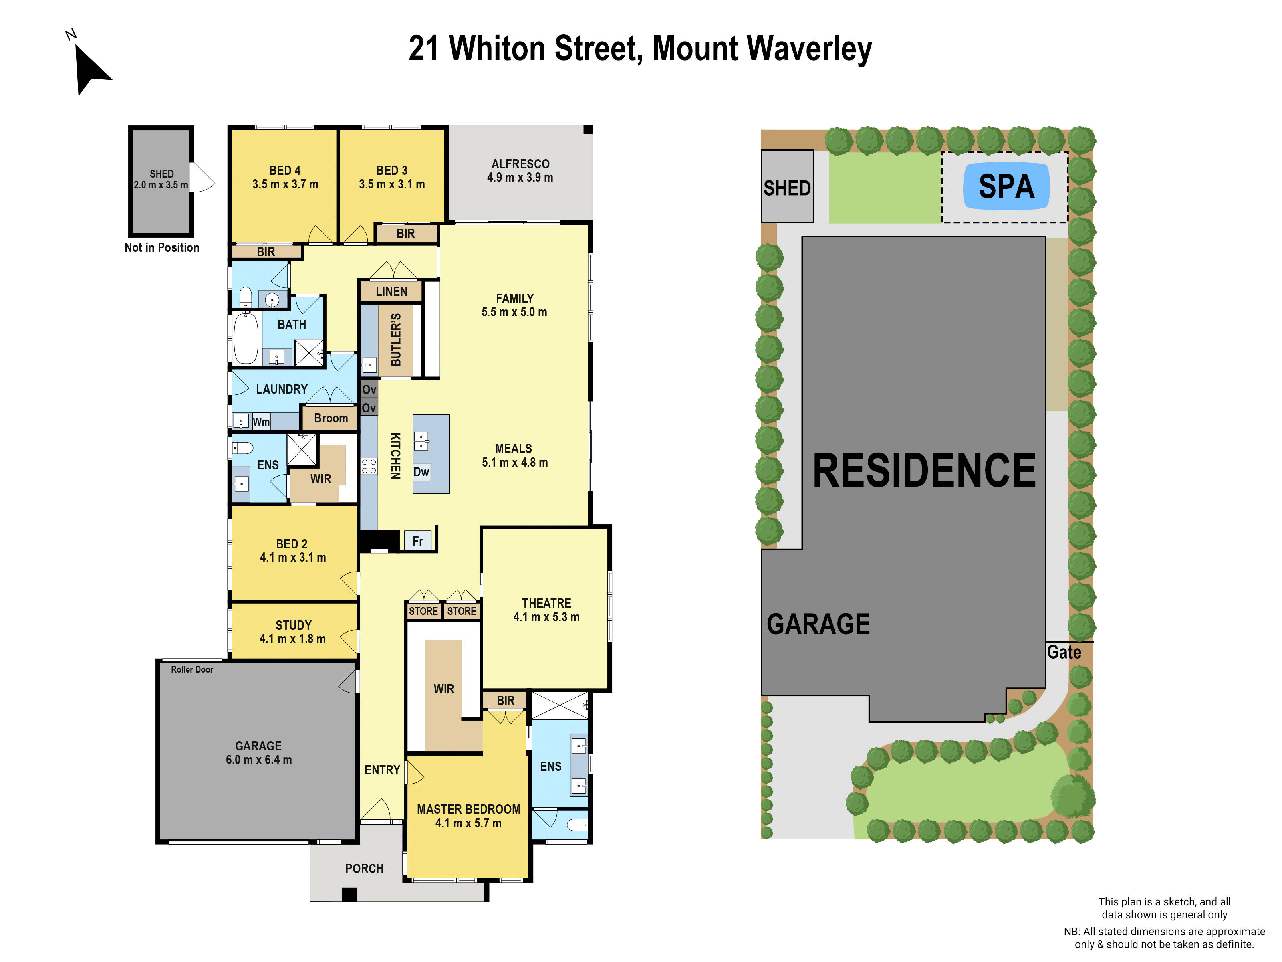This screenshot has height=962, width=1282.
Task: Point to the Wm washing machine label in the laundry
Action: (261, 422)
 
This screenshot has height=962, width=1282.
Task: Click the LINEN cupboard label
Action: (391, 291)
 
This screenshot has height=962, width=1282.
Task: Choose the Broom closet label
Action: (331, 418)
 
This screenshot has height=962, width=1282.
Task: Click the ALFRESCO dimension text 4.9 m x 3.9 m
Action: (520, 178)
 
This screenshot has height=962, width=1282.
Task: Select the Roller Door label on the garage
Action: (192, 669)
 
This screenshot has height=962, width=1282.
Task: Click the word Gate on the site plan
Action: (1064, 652)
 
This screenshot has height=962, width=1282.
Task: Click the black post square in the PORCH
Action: (349, 895)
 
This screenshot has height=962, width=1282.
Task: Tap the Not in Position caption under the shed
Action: (162, 248)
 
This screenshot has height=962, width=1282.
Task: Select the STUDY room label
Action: (293, 625)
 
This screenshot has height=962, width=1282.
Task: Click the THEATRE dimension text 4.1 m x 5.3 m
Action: (546, 617)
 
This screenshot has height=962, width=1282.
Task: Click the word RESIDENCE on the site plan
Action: (924, 471)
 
